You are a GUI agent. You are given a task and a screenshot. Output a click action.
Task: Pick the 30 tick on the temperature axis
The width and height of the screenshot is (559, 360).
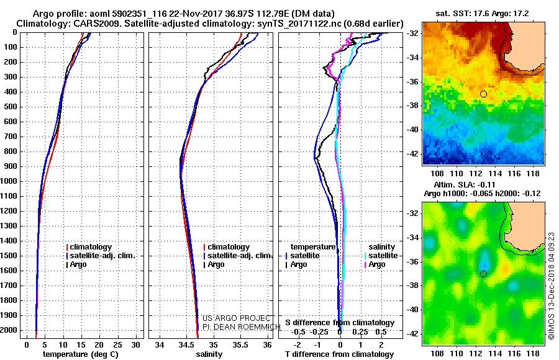[135, 344]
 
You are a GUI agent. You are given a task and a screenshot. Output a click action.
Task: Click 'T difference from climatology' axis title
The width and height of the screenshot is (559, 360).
[339, 354]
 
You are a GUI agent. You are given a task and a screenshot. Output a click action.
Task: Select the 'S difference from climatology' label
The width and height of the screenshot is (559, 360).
[339, 323]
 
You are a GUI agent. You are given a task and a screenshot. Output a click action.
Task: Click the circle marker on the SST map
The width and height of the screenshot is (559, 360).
[484, 94]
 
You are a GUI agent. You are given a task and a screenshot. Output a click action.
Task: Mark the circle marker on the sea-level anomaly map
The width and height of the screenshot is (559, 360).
[484, 274]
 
